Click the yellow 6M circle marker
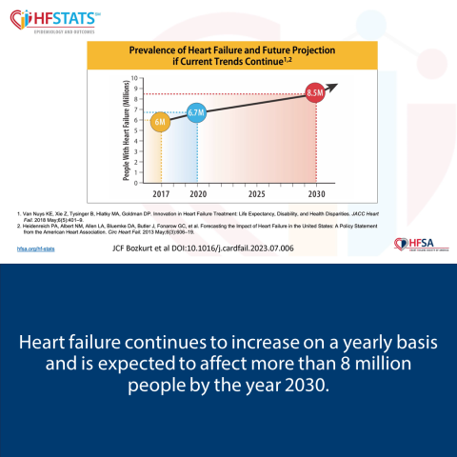(x=161, y=123)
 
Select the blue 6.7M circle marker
(x=197, y=114)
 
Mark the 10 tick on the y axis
(x=135, y=78)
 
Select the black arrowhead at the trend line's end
(x=332, y=88)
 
